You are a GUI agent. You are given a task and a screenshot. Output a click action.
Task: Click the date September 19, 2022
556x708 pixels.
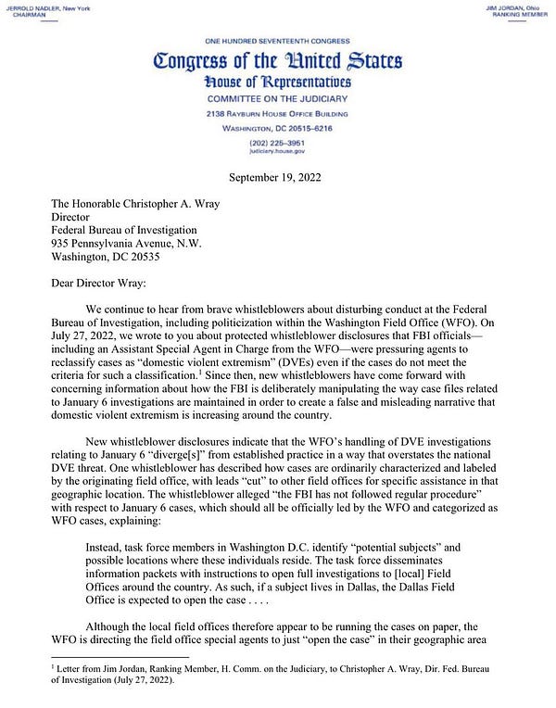tap(277, 175)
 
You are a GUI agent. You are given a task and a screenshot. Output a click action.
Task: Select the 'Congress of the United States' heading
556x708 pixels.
tap(277, 62)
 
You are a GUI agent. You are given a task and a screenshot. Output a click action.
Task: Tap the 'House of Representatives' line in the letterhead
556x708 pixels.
tap(277, 82)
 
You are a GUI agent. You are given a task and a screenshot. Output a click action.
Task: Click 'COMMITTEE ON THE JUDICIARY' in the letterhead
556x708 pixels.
tap(277, 98)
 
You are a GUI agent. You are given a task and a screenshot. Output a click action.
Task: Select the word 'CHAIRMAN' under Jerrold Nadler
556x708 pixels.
tap(25, 15)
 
